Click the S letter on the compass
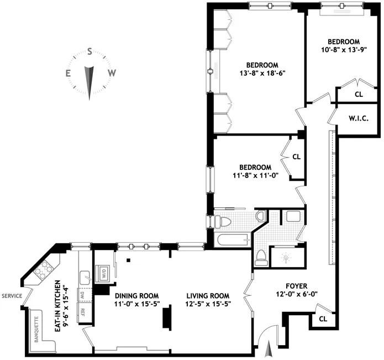point(90,51)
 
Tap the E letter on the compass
point(68,73)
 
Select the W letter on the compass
point(111,73)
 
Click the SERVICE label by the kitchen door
point(11,296)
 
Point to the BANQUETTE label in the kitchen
point(37,329)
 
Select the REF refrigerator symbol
point(83,311)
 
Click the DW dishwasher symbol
point(83,295)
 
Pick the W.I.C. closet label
point(358,118)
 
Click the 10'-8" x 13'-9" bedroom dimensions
point(344,50)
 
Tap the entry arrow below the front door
point(269,349)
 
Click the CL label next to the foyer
point(321,319)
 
